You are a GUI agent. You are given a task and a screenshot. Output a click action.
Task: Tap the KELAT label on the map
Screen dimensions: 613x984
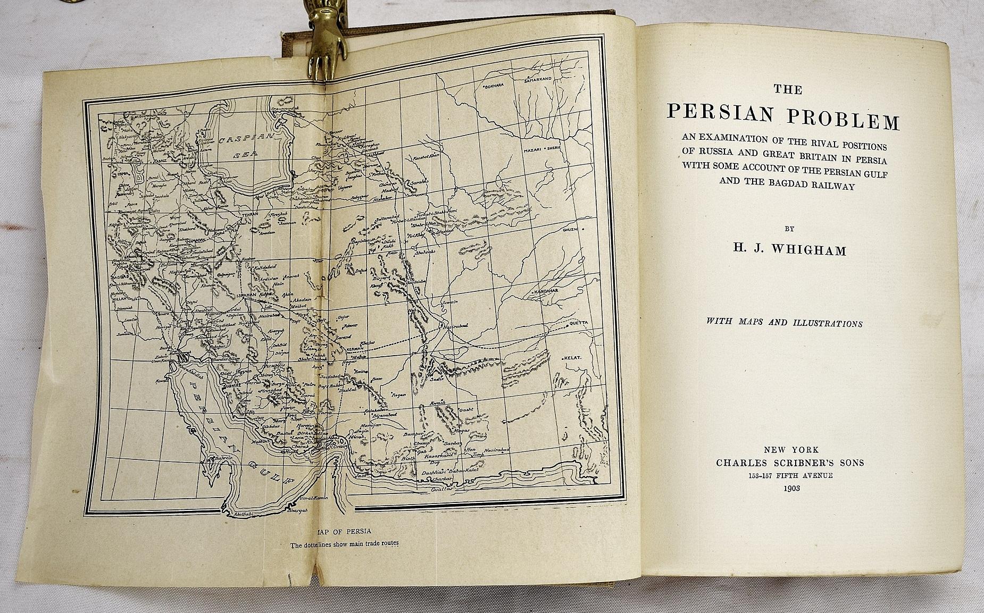pos(574,358)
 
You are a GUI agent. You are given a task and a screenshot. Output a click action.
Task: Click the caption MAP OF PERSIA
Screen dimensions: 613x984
pos(342,532)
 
